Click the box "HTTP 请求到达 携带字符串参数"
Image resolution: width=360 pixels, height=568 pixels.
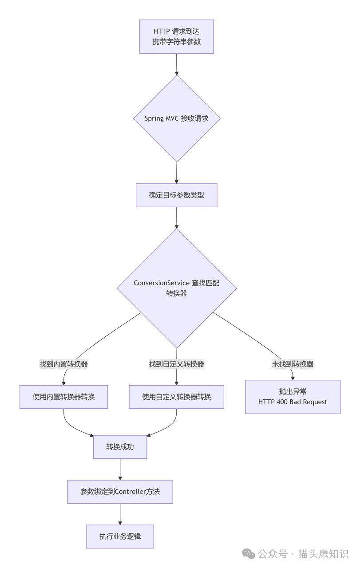click(x=176, y=37)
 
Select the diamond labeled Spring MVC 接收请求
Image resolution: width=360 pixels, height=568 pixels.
click(x=176, y=118)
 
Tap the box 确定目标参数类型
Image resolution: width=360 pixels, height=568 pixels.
click(x=176, y=195)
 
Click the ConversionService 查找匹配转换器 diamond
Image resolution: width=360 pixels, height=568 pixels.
click(x=176, y=288)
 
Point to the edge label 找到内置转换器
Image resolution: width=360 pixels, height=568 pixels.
click(x=63, y=364)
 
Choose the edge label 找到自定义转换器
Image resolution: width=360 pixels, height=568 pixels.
click(x=176, y=364)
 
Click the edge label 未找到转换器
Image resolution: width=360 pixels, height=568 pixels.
click(x=293, y=364)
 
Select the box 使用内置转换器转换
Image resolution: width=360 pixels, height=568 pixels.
click(x=63, y=397)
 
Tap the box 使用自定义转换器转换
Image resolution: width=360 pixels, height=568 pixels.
click(x=176, y=397)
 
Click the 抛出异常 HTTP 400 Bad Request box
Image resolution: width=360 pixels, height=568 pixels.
click(x=293, y=397)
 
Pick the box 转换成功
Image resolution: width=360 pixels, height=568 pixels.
click(x=120, y=447)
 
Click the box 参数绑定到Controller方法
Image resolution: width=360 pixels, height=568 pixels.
click(x=120, y=492)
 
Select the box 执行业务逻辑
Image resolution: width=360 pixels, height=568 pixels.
click(x=120, y=536)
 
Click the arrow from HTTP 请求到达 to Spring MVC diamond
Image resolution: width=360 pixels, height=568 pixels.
click(x=176, y=64)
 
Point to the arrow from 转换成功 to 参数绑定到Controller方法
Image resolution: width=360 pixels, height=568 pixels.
click(x=120, y=469)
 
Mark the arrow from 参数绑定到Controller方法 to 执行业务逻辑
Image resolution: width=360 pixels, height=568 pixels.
click(x=120, y=514)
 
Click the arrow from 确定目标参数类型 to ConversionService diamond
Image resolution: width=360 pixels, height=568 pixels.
click(x=176, y=217)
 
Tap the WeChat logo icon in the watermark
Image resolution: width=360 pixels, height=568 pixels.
click(x=249, y=554)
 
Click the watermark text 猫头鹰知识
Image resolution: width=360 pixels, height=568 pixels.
click(x=323, y=554)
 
